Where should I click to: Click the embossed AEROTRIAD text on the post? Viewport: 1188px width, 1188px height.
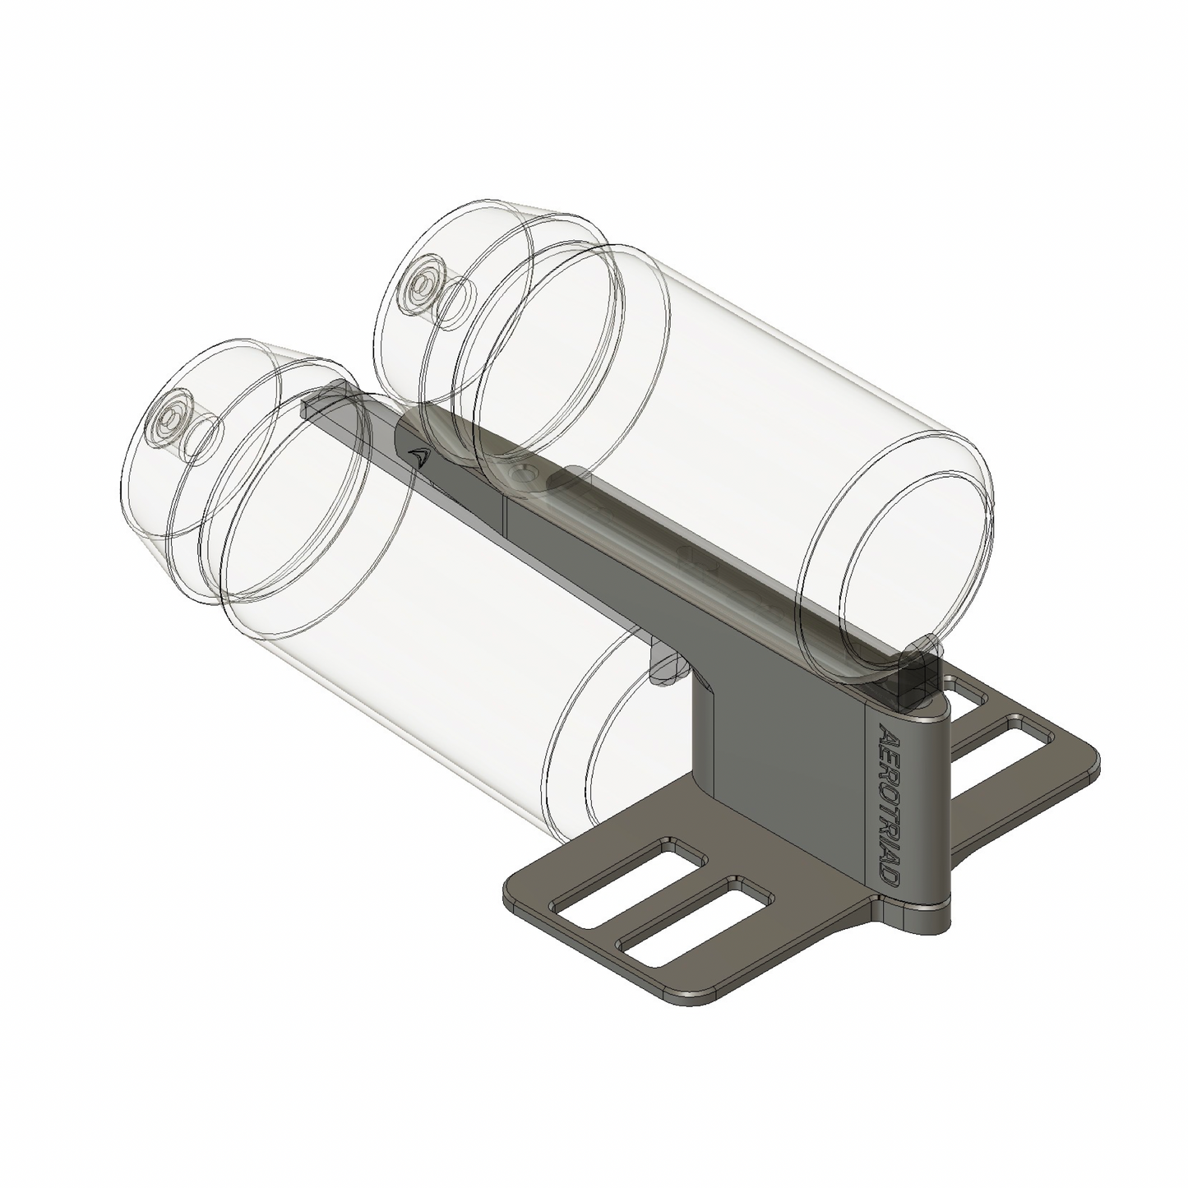coord(890,804)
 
